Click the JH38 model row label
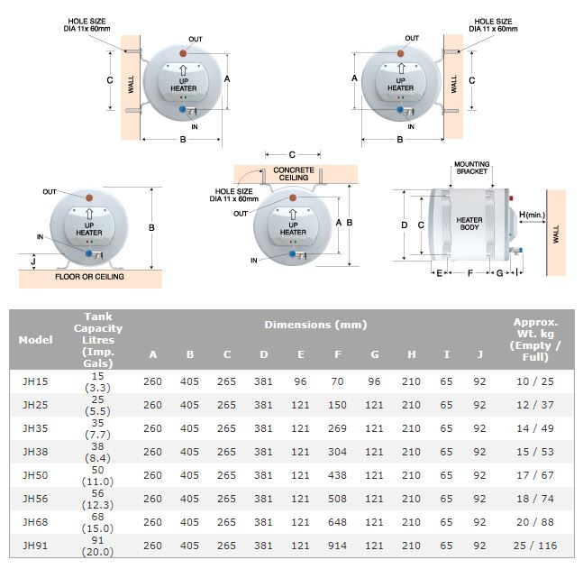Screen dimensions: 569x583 tap(35, 451)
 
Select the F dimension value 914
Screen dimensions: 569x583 tap(337, 545)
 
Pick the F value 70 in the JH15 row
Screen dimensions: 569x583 tap(337, 381)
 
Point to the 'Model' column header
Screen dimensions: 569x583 tap(36, 340)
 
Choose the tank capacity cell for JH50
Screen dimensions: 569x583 tap(96, 474)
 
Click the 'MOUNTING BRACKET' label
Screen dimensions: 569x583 tap(471, 167)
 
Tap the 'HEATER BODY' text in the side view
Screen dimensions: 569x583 tap(469, 225)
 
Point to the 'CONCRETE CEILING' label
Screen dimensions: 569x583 tap(294, 173)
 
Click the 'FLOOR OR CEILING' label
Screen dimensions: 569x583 tap(88, 278)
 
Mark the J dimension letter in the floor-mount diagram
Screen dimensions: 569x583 tap(33, 262)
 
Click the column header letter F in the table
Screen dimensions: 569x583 tap(337, 354)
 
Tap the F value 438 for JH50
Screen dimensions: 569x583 tap(337, 474)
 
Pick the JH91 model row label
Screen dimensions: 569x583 tap(35, 545)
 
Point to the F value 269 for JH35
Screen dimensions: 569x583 tap(337, 427)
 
